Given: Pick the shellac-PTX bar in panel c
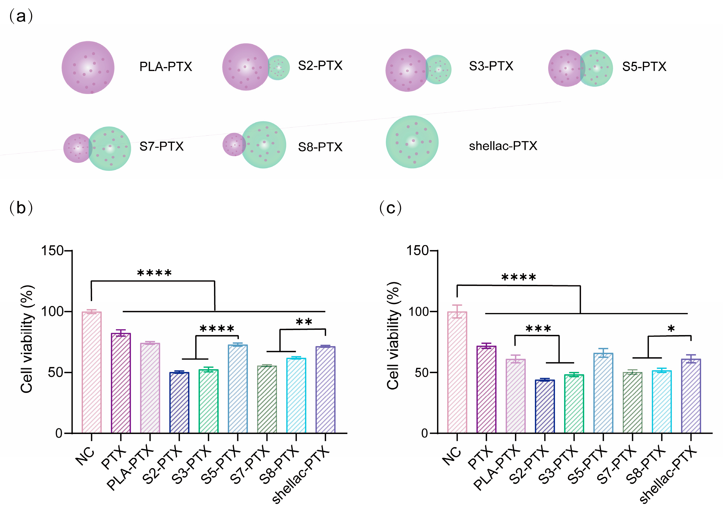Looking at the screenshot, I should click(691, 396).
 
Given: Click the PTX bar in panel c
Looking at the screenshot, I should click(486, 389).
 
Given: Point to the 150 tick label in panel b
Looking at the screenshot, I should click(52, 251).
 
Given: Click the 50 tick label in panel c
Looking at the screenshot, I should click(421, 373).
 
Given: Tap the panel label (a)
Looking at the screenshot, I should click(21, 16).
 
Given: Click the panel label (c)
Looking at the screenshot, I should click(390, 208).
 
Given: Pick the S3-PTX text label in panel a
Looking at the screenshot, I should click(491, 66).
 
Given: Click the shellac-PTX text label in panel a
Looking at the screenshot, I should click(503, 146).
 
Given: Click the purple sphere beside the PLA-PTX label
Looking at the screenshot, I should click(88, 67).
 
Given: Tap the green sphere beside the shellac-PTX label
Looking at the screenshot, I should click(412, 142).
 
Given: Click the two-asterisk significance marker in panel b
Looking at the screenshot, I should click(304, 321).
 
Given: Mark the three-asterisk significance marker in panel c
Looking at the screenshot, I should click(538, 329).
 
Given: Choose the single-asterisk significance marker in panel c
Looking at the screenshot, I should click(671, 329).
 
